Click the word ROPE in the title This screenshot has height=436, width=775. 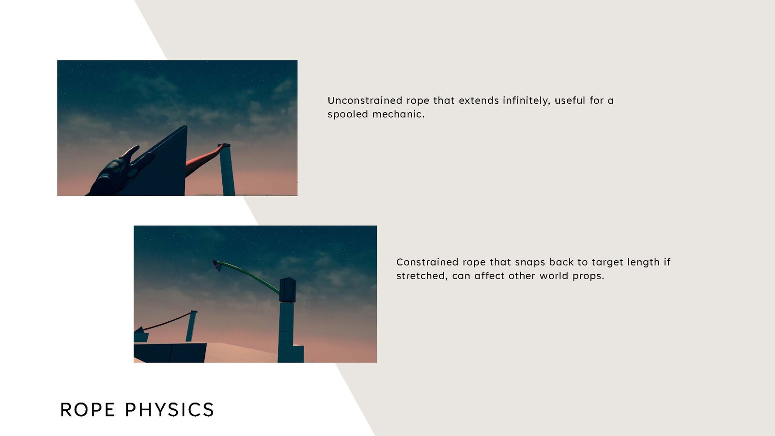click(87, 410)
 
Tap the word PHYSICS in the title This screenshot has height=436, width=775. click(170, 410)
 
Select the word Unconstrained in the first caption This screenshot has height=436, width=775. click(365, 100)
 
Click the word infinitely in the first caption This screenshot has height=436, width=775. click(526, 100)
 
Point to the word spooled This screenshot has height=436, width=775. click(348, 114)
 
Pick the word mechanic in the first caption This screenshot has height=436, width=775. click(398, 114)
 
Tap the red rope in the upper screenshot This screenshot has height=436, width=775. click(204, 160)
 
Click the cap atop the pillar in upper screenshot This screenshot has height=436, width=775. click(224, 145)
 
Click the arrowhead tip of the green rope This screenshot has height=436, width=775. click(213, 261)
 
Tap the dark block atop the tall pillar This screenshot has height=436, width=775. click(287, 290)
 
